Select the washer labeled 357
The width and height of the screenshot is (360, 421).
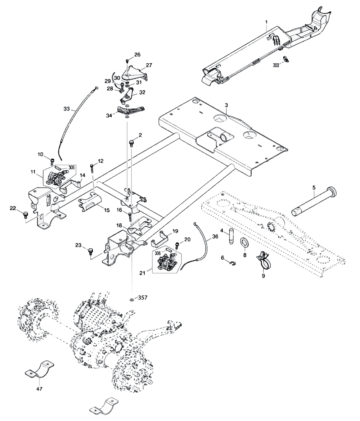point(132,299)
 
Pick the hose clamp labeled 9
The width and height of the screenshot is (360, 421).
point(264,261)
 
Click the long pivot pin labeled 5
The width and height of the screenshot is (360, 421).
point(313,203)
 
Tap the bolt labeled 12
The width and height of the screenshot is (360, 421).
point(93,167)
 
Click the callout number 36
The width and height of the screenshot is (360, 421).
point(215,237)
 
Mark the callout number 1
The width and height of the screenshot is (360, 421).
point(266,22)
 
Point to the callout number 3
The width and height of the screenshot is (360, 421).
point(226,105)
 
